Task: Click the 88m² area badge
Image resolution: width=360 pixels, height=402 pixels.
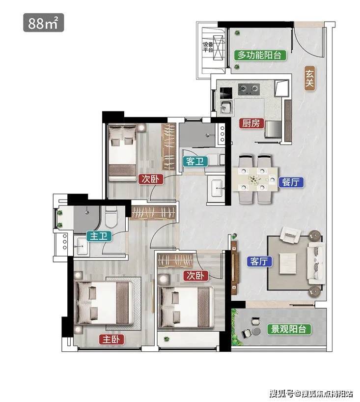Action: click(x=43, y=23)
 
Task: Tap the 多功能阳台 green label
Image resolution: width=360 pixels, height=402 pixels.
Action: click(x=260, y=55)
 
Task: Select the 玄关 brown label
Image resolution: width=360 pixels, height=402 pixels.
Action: click(x=309, y=79)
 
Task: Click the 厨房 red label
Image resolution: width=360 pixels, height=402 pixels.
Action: click(x=251, y=123)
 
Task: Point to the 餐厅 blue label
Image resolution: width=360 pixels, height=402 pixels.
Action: click(x=291, y=182)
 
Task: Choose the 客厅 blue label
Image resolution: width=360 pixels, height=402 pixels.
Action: click(x=259, y=261)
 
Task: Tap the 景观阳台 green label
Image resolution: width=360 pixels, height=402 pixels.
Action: click(x=289, y=329)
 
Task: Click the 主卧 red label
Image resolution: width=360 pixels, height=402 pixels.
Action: click(x=111, y=340)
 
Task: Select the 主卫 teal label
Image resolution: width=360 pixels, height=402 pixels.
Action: click(x=99, y=236)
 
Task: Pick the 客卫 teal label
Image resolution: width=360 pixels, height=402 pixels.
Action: click(x=195, y=162)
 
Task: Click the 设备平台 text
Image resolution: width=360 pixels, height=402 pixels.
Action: click(x=208, y=47)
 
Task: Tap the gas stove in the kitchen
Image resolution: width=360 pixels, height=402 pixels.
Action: click(x=249, y=89)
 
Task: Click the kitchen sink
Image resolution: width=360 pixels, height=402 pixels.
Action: click(x=227, y=107)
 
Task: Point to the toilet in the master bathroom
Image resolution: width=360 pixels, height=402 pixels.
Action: click(x=111, y=217)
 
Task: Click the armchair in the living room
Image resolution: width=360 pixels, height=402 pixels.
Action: click(x=290, y=235)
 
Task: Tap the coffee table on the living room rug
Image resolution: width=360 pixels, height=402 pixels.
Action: click(x=287, y=263)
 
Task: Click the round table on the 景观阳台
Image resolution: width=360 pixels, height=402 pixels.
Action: click(x=256, y=331)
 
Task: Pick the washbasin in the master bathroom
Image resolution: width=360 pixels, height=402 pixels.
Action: click(x=82, y=246)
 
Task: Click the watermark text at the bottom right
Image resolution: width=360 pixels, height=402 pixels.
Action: click(x=311, y=393)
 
